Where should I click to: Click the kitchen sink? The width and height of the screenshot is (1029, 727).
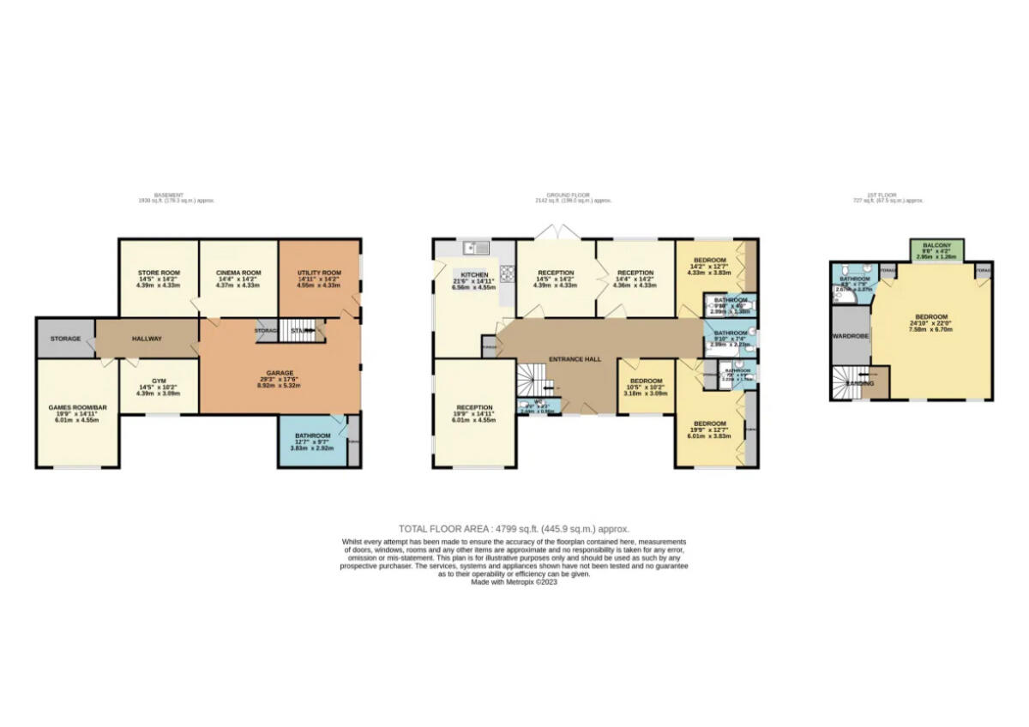[x=474, y=249]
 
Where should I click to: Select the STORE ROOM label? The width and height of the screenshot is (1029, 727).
[x=158, y=273]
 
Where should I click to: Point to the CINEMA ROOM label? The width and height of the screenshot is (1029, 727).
[x=238, y=273]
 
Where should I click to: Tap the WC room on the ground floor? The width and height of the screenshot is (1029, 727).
[x=536, y=406]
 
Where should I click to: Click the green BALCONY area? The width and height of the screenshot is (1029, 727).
[x=936, y=250]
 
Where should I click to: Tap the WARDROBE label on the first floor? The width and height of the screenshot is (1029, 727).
[x=850, y=336]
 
